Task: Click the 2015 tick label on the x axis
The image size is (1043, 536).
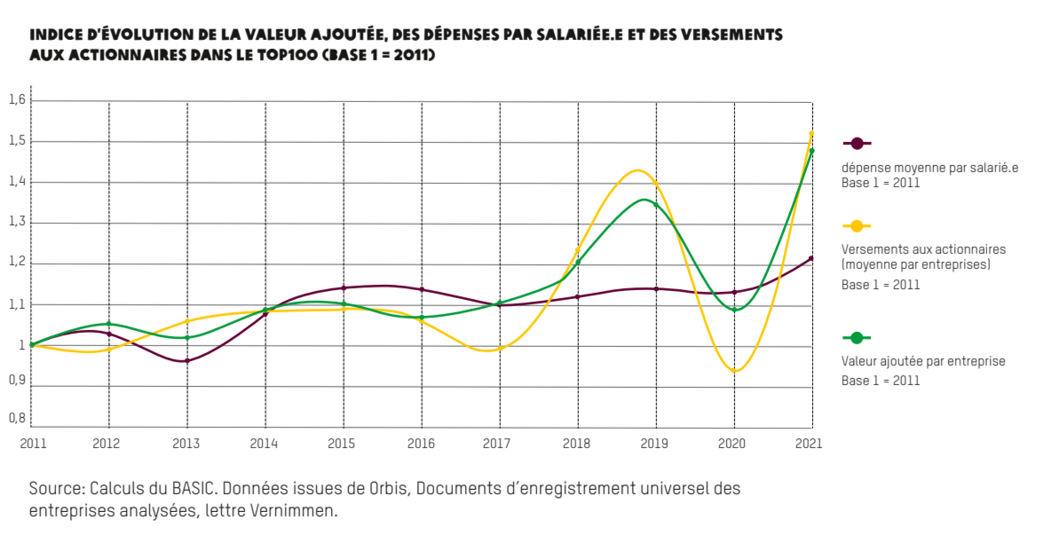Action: point(343,443)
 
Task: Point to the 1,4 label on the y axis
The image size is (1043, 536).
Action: point(17,182)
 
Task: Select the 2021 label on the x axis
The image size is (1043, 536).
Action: point(810,443)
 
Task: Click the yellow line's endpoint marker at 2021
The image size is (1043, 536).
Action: point(811,134)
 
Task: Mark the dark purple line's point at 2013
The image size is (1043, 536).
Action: point(187,361)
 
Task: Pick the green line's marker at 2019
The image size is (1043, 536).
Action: point(656,205)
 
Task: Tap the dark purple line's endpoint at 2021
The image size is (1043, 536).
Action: point(811,259)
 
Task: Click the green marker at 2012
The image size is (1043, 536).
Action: point(109,324)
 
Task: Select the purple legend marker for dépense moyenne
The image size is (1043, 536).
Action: point(857,143)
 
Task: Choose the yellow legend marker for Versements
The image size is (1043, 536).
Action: point(857,226)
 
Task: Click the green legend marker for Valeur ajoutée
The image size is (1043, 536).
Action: point(857,337)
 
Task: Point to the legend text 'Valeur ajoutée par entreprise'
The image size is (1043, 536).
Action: point(922,361)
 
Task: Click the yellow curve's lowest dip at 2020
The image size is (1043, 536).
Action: point(735,371)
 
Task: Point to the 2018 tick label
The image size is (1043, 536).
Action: point(577,443)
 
